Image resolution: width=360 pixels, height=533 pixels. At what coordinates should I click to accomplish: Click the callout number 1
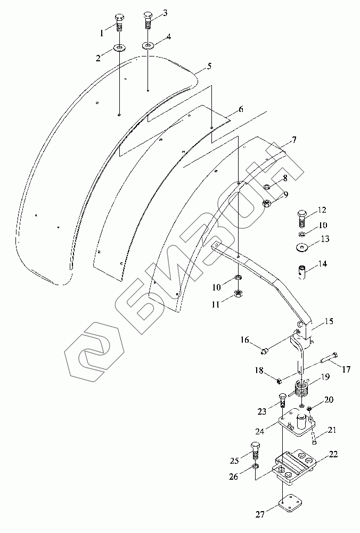(102, 33)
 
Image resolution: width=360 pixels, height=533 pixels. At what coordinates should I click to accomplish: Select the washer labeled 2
(119, 47)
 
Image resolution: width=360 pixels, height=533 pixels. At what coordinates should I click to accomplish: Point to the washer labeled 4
(148, 45)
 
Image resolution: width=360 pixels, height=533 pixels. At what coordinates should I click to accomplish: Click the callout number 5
(209, 66)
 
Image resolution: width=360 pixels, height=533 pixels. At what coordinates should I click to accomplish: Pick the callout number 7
(294, 140)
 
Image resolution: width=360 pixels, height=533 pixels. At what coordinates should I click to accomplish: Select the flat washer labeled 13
(301, 248)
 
